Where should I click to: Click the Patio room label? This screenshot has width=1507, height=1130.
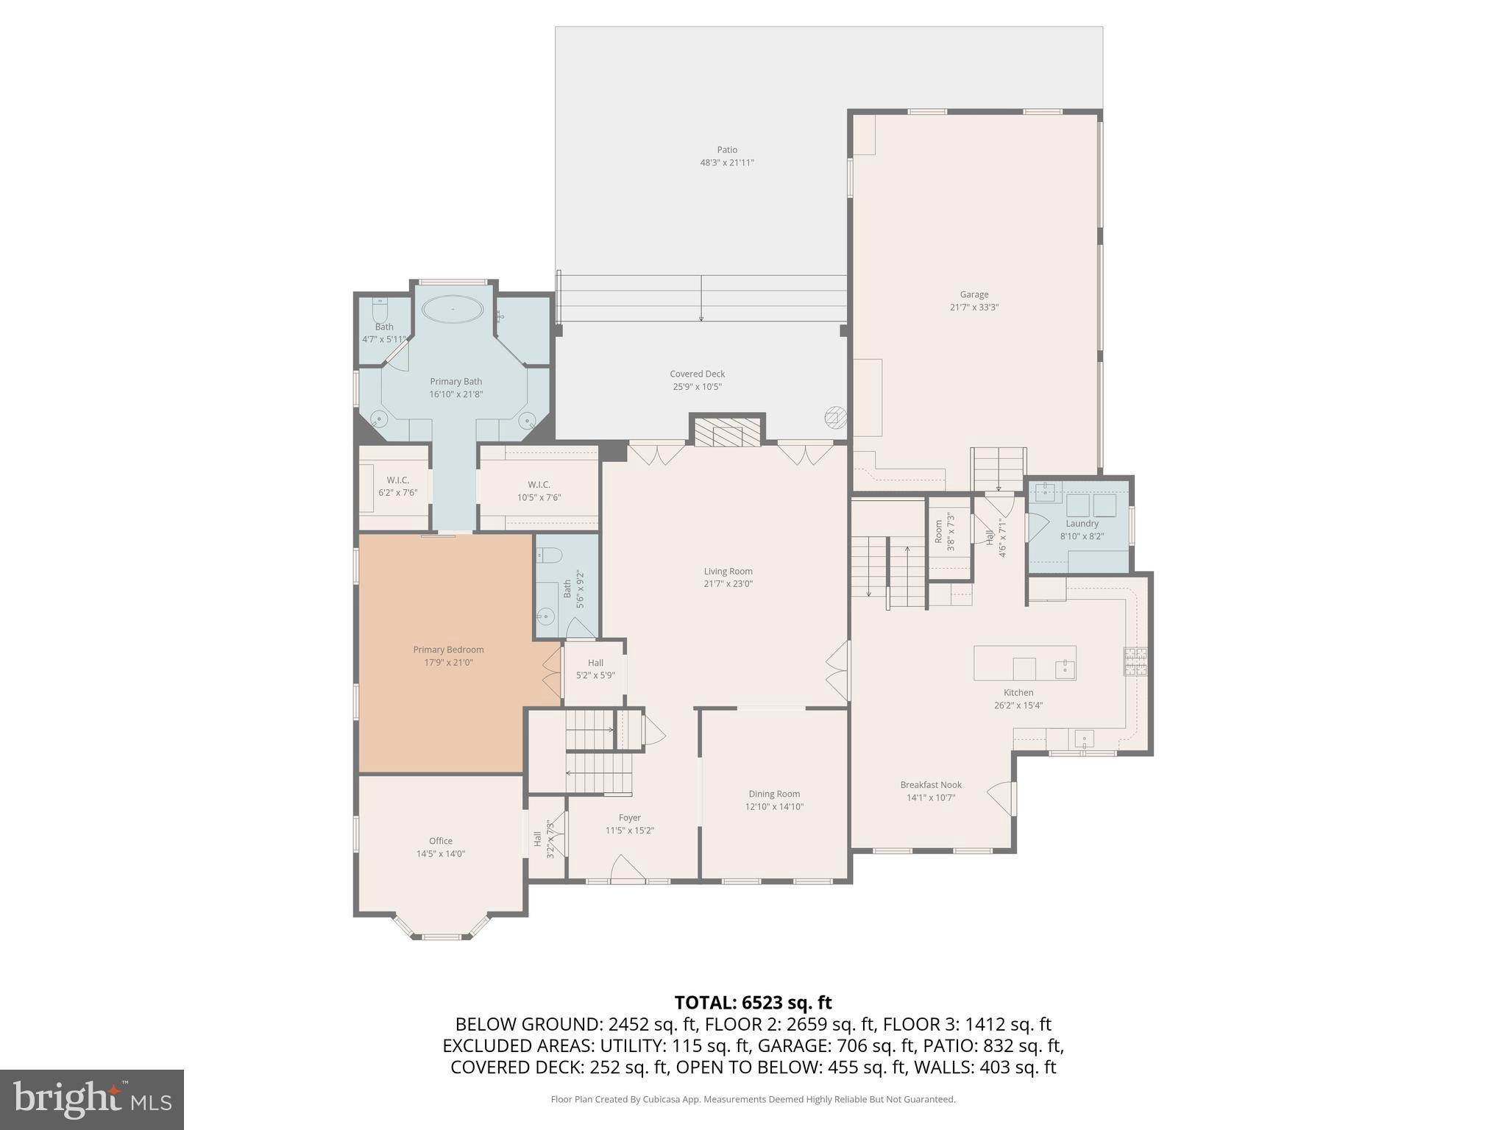coord(727,150)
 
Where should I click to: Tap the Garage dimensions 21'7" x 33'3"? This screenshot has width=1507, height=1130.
coord(974,308)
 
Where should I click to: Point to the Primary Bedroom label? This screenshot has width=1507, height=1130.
coord(448,650)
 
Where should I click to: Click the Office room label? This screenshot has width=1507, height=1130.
coord(441,841)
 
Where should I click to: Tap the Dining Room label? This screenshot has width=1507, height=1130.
coord(774,794)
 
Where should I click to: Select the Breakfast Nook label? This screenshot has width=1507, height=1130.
coord(931,785)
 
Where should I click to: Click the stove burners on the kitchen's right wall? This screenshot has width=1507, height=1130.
coord(1135,661)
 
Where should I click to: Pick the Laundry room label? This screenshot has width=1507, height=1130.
coord(1082,524)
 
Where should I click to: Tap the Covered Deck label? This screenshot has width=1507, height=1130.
coord(697,374)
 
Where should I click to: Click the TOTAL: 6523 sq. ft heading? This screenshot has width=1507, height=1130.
coord(753,1003)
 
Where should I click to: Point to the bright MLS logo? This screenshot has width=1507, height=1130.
coord(92,1099)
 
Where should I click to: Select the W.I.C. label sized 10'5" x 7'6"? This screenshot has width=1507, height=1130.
coord(539,485)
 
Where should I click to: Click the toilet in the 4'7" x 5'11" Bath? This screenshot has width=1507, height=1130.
coord(380,308)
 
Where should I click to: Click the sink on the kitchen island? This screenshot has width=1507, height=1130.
coord(1064,667)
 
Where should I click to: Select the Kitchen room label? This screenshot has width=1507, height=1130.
coord(1018,692)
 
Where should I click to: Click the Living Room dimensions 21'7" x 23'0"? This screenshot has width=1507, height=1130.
coord(728,584)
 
